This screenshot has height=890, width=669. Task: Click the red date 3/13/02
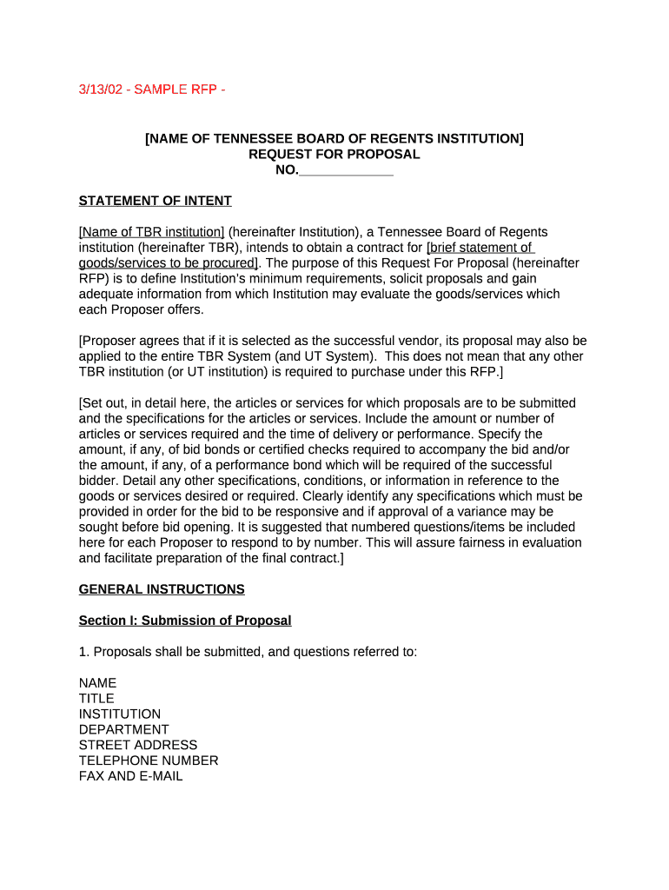pos(100,90)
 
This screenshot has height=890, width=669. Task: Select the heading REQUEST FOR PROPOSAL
pos(334,154)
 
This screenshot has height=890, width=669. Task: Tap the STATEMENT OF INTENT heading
pos(155,201)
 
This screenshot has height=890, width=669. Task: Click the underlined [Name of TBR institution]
pos(151,232)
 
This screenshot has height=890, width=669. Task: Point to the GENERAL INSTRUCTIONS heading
pos(162,589)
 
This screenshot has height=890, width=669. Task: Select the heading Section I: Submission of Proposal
pos(185,621)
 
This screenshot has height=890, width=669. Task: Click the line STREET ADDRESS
pos(137,745)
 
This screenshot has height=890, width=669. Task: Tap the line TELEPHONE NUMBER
pos(149,760)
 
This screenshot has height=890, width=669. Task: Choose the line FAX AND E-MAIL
pos(130,776)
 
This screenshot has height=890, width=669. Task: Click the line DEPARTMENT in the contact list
pos(123,729)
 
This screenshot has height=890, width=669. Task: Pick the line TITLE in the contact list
pos(96,698)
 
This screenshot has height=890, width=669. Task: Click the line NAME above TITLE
pos(97,683)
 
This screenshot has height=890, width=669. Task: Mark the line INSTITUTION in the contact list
pos(119,714)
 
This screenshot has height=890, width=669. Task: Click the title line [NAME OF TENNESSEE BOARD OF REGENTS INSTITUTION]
pos(334,138)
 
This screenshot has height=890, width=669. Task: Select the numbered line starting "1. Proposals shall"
pos(248,652)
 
